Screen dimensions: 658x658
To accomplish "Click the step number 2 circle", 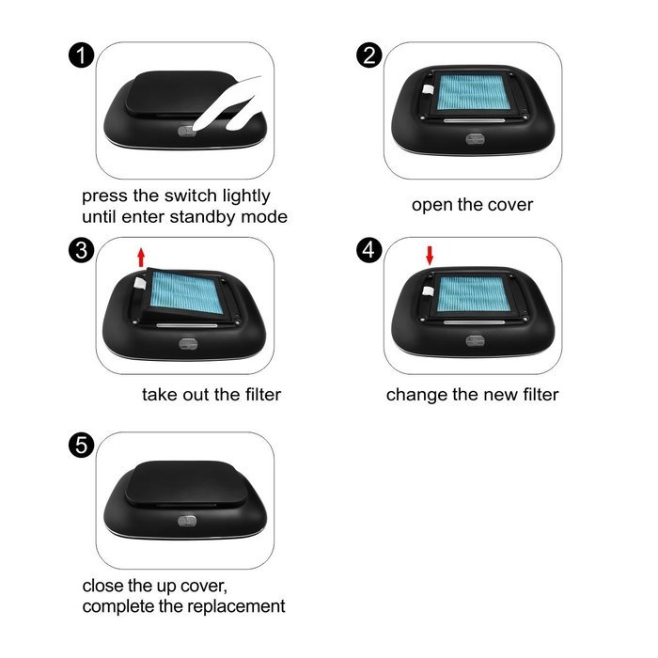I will coord(370,55).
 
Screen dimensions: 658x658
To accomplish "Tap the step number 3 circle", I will coord(82,250).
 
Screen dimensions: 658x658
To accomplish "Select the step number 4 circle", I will coord(370,250).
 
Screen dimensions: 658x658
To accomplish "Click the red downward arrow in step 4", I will coord(430,255).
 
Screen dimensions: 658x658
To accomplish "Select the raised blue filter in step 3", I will coord(188,292).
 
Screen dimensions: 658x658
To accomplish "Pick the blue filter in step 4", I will coord(475,290).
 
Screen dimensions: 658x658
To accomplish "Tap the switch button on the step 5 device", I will coord(187,520).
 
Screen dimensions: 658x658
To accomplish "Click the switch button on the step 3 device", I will coord(187,343).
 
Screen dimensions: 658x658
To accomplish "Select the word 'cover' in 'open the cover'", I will coord(508,205).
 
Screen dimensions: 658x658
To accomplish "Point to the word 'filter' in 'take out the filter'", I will coord(257,395).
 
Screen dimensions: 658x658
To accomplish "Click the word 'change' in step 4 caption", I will coord(415,395).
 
